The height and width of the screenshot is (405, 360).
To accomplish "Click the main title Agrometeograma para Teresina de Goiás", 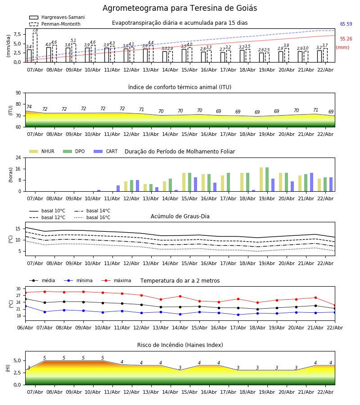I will click(x=180, y=9).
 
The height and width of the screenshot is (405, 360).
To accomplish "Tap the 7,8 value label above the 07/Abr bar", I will click(x=35, y=30).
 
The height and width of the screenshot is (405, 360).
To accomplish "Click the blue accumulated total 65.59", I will click(x=346, y=24).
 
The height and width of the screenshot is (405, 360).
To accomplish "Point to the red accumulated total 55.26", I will click(x=346, y=39).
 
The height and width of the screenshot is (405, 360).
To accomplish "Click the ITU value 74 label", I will click(x=29, y=107).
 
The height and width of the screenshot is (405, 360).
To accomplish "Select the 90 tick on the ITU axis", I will click(x=18, y=93).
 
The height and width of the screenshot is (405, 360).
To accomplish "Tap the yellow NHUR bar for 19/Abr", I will click(x=261, y=179).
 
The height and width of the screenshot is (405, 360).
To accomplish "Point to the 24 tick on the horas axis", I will click(x=18, y=158).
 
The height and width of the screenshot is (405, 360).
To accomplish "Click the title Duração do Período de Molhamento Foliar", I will click(x=180, y=152).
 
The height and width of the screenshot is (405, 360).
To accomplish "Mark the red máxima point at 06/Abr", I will click(x=25, y=292).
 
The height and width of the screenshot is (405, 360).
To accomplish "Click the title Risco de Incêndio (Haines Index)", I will click(x=180, y=345).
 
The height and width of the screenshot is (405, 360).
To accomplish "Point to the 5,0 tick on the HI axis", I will click(x=16, y=360).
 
